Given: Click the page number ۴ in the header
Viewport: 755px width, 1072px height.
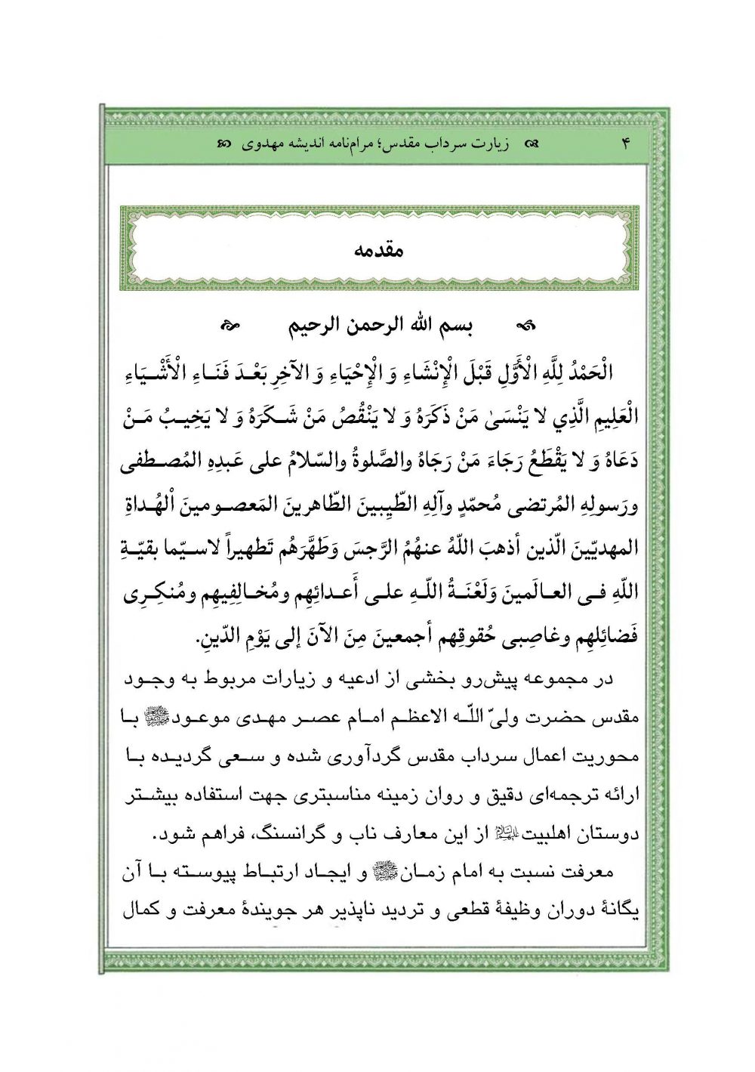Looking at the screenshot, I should pos(625,143).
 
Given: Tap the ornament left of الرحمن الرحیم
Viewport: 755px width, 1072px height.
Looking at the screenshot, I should pos(229,327).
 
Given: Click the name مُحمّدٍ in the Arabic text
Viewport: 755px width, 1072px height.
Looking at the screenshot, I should pos(431,504).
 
